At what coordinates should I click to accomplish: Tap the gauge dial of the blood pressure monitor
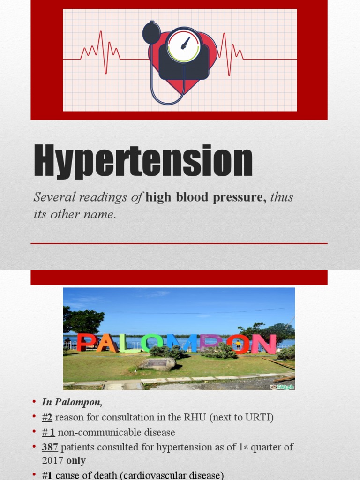183,46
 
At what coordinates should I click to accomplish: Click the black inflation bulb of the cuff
151,33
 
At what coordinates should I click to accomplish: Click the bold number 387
49,447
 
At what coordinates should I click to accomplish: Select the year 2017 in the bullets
52,460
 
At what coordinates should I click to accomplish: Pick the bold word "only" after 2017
75,460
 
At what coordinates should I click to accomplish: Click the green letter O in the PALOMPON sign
151,343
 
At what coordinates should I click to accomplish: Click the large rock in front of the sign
157,364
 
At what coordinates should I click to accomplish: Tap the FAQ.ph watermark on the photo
284,387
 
